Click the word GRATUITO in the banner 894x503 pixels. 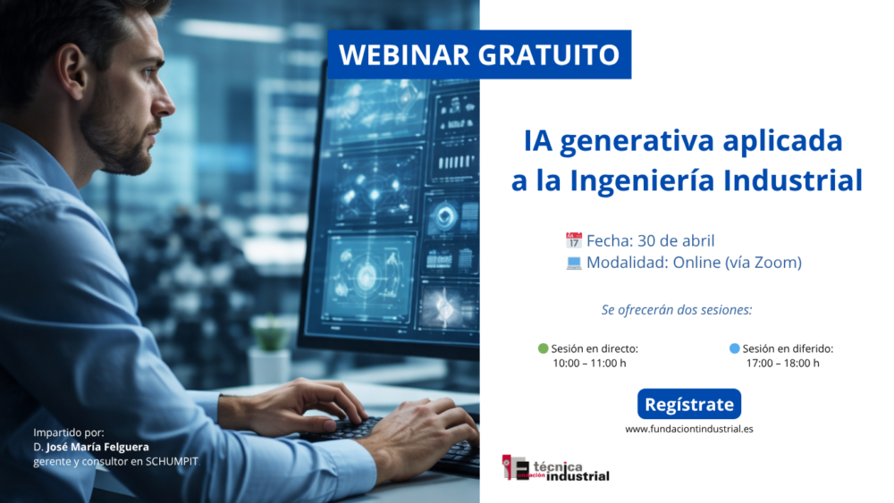(x=549, y=54)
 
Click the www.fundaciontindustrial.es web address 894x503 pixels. (x=688, y=429)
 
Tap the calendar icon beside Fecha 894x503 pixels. (x=574, y=240)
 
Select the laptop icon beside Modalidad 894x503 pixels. (x=574, y=263)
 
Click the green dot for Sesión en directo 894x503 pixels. (x=543, y=348)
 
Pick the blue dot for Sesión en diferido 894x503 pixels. (x=734, y=348)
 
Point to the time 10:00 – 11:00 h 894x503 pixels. (x=589, y=364)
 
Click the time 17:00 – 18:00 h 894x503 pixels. (x=783, y=364)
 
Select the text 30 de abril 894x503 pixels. (x=676, y=240)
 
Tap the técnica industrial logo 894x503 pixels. (x=555, y=468)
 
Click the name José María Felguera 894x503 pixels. (x=97, y=448)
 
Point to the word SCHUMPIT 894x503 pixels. (x=172, y=461)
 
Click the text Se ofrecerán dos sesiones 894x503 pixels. (x=677, y=310)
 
